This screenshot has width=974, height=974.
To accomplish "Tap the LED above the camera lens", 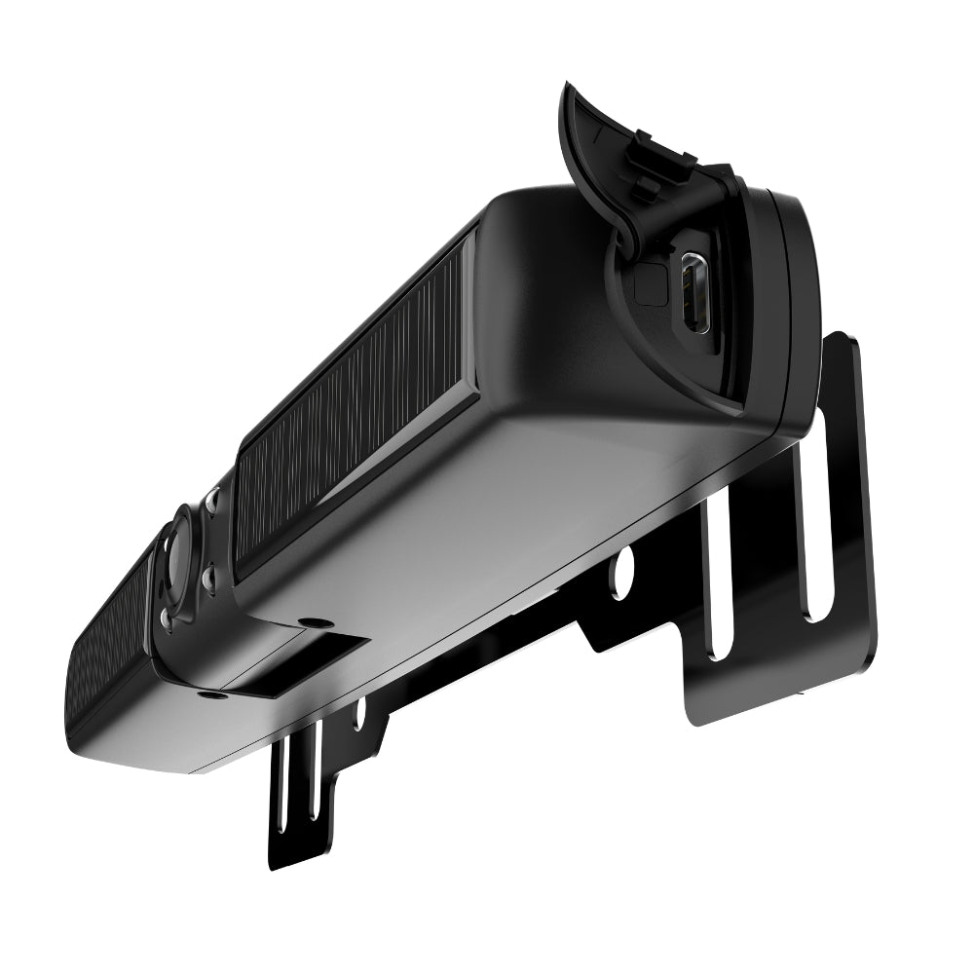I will point(211,504).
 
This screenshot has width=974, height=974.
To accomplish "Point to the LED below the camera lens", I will point(167,618).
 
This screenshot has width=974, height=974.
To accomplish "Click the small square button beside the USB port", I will point(647,283).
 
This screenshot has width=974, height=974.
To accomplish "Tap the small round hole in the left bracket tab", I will point(359,715).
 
